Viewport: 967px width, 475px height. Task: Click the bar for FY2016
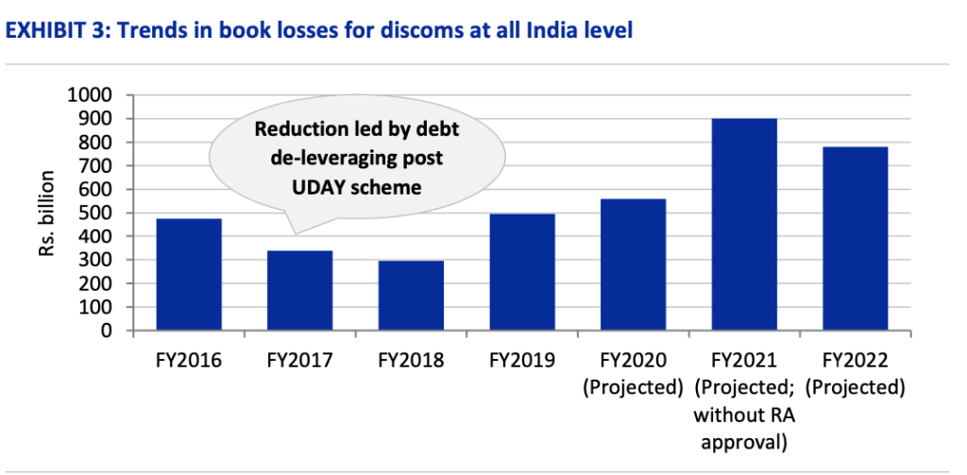coord(189,275)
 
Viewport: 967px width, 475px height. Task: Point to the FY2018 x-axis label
coord(412,360)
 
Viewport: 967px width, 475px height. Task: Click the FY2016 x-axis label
coord(190,360)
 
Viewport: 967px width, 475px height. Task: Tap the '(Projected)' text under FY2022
coord(856,387)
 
